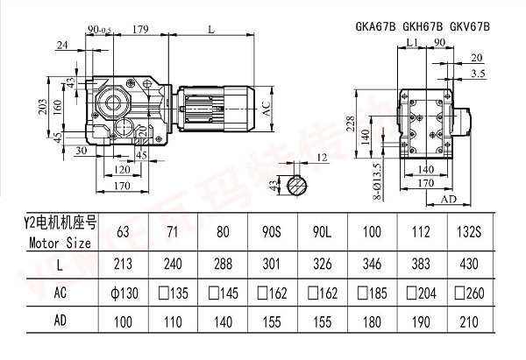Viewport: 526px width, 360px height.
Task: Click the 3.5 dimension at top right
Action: (479, 74)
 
